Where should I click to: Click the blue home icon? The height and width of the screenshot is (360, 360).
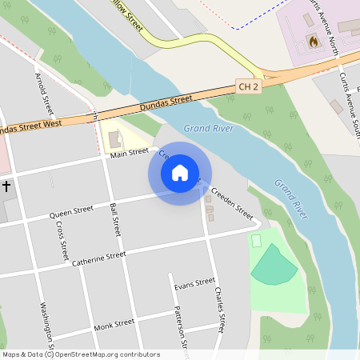coord(180,172)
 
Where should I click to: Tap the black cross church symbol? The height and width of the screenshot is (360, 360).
coord(6,186)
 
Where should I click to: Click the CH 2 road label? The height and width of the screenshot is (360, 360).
coord(249,85)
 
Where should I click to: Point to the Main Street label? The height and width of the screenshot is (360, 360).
coord(130,153)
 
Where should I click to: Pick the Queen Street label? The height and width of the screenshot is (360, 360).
coord(71,213)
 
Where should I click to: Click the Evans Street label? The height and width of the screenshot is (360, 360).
coord(194,284)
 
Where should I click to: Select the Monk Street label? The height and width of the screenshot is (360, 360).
coord(113,325)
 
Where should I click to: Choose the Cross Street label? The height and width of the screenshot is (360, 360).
coord(62,240)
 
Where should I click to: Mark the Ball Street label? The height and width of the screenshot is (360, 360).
coord(114,219)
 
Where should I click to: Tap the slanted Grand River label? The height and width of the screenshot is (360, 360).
coord(291,199)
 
